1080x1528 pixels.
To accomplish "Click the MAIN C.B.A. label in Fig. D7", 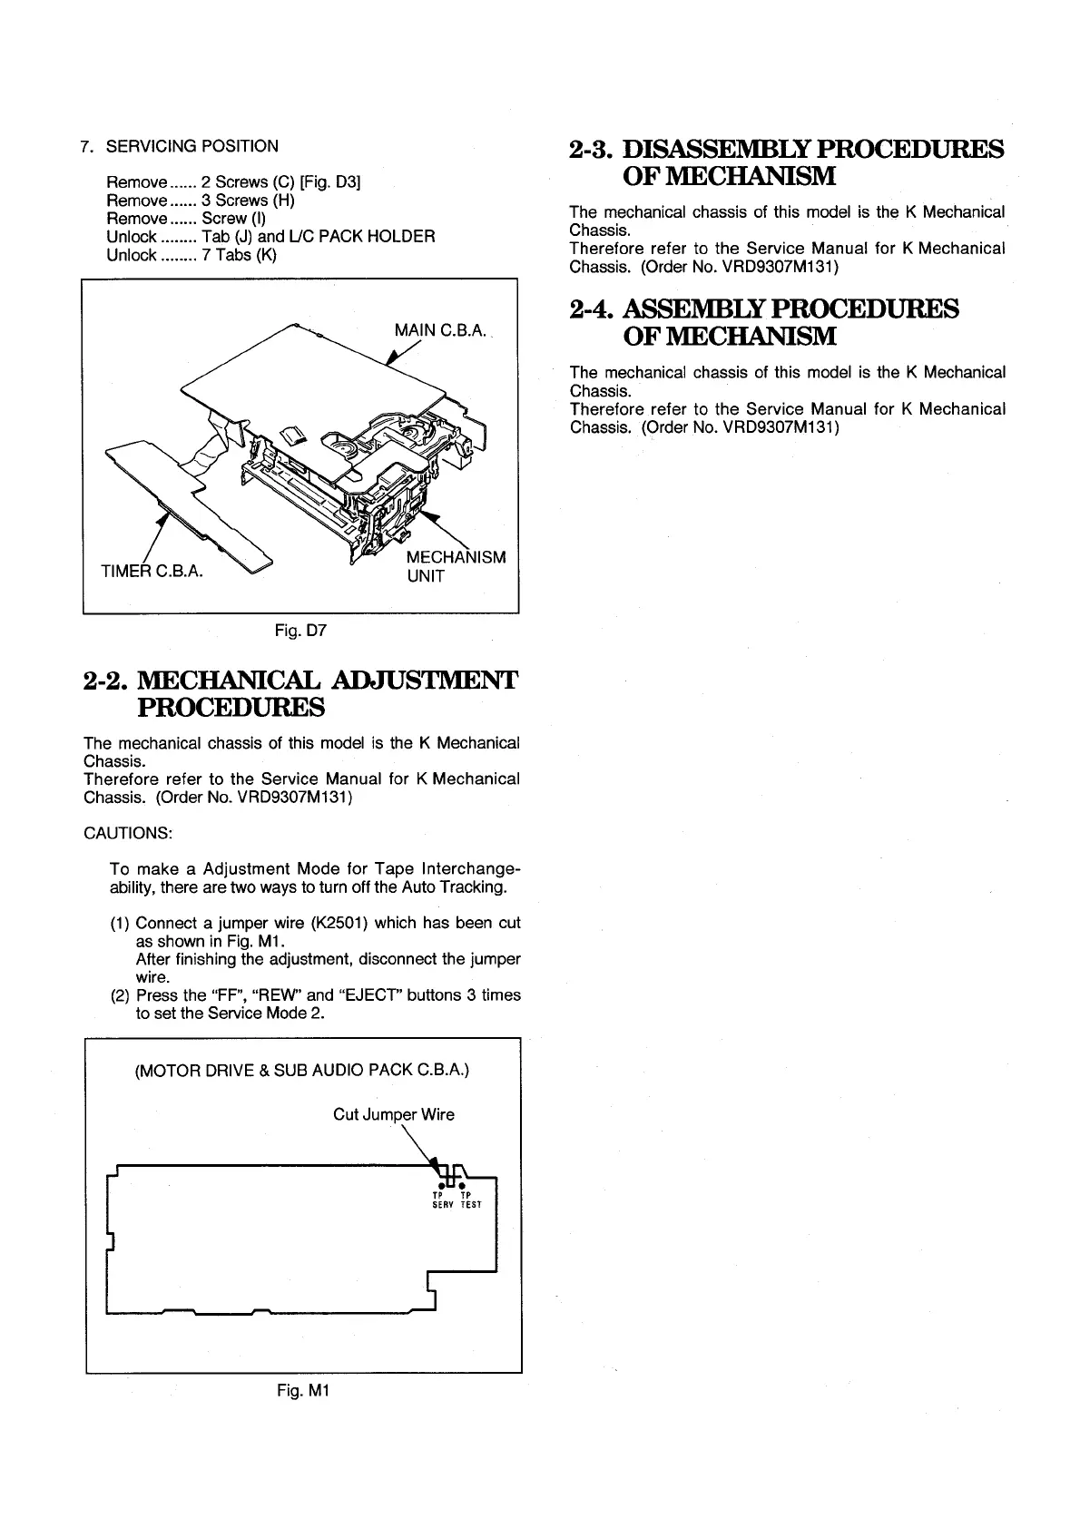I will (441, 328).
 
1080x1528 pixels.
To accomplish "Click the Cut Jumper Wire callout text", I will (394, 1114).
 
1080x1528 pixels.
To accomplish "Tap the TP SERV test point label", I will (442, 1200).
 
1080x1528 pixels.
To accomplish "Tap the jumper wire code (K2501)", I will (339, 923).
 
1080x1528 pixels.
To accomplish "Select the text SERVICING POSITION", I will (192, 146).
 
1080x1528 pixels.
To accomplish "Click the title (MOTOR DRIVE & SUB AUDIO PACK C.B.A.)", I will (302, 1070).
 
